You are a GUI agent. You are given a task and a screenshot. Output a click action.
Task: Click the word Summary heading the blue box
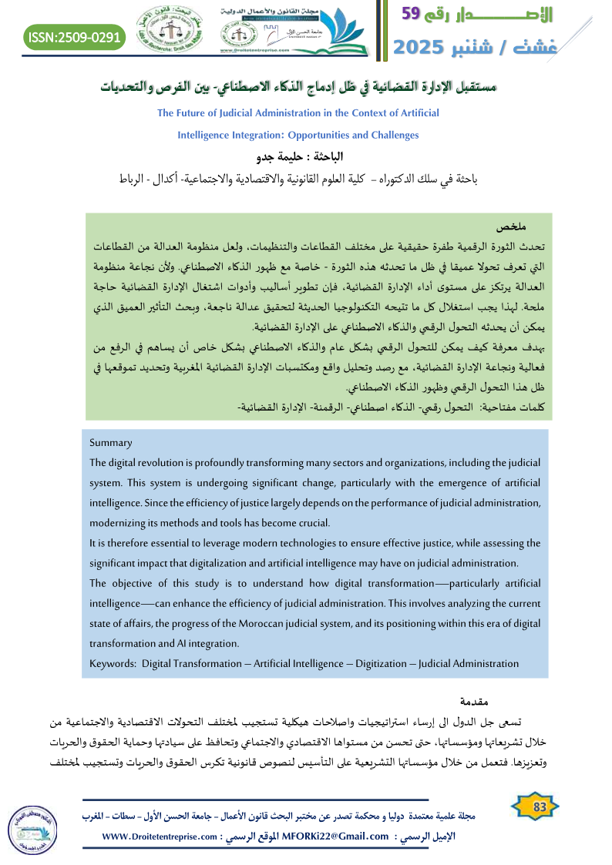click(111, 443)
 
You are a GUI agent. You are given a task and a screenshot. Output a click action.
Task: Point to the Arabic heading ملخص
click(511, 227)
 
